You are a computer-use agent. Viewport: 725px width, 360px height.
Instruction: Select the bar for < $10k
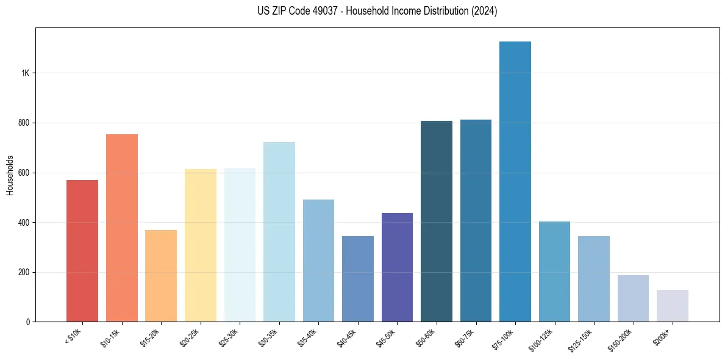[82, 251]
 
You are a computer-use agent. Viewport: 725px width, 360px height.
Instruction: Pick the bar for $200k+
[672, 306]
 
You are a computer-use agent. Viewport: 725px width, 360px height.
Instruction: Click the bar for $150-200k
[633, 298]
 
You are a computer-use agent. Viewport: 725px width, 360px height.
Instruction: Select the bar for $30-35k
[279, 232]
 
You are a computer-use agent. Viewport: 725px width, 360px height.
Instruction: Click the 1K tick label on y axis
[25, 73]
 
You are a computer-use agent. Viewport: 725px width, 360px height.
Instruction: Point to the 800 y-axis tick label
[23, 123]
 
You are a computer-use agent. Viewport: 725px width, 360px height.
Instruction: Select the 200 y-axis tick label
[23, 272]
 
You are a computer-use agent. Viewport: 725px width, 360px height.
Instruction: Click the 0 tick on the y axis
[27, 322]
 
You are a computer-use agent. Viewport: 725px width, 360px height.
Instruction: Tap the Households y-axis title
[10, 175]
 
